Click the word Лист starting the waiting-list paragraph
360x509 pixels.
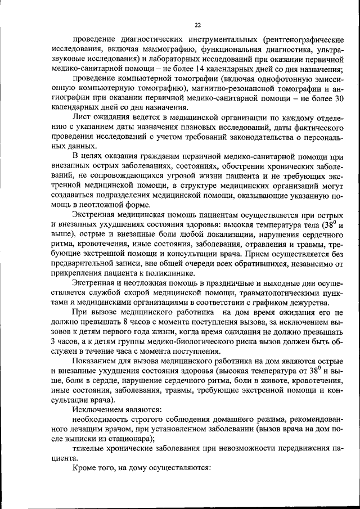tap(82, 117)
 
